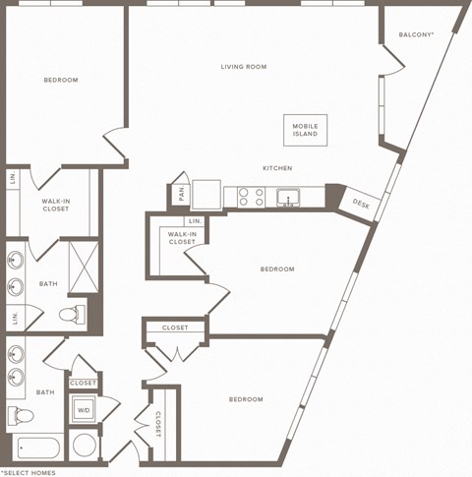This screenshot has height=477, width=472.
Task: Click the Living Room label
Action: pyautogui.click(x=243, y=67)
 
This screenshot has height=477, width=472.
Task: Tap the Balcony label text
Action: pyautogui.click(x=417, y=34)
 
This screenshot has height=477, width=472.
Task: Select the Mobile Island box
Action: pyautogui.click(x=306, y=130)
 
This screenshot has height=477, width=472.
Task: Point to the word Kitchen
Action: pyautogui.click(x=276, y=168)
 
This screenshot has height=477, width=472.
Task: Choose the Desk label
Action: pyautogui.click(x=361, y=205)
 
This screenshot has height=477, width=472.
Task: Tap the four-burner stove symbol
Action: pyautogui.click(x=250, y=197)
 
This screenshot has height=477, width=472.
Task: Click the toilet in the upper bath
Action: pyautogui.click(x=72, y=316)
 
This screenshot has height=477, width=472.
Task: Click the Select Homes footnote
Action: pyautogui.click(x=28, y=472)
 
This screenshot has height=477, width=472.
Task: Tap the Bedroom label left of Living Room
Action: pyautogui.click(x=61, y=80)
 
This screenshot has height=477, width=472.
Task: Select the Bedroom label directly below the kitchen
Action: pyautogui.click(x=277, y=268)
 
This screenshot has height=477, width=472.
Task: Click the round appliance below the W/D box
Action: pyautogui.click(x=85, y=446)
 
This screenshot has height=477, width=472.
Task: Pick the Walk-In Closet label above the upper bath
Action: pyautogui.click(x=55, y=205)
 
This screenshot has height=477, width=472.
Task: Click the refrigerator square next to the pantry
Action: pyautogui.click(x=206, y=192)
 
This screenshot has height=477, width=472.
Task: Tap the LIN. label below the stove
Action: pyautogui.click(x=195, y=221)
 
